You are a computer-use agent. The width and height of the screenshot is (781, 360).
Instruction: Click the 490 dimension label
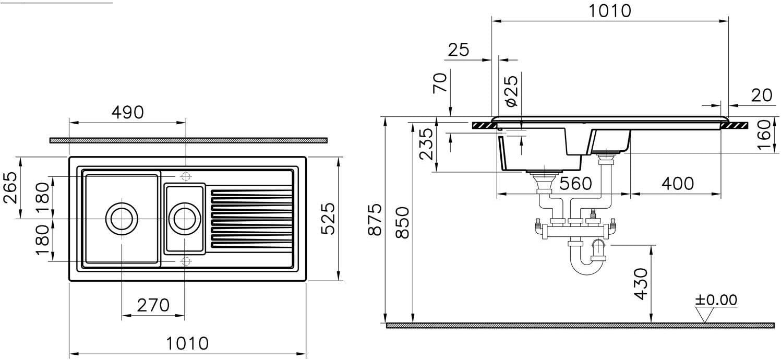point(128,112)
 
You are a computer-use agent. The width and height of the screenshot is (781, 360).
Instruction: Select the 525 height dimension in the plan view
point(328,219)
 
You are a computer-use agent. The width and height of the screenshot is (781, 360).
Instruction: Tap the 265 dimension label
point(10,187)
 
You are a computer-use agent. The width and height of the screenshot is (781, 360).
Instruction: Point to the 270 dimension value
point(153,305)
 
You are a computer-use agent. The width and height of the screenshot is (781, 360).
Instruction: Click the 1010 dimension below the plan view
point(187,344)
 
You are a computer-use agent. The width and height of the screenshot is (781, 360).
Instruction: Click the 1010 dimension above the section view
point(610,11)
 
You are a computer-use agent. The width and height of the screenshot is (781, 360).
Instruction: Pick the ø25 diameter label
point(511,91)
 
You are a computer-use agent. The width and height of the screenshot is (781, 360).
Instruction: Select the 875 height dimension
point(376,220)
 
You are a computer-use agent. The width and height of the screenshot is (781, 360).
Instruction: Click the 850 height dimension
point(403,223)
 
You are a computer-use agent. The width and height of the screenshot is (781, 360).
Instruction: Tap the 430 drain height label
point(641,284)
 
